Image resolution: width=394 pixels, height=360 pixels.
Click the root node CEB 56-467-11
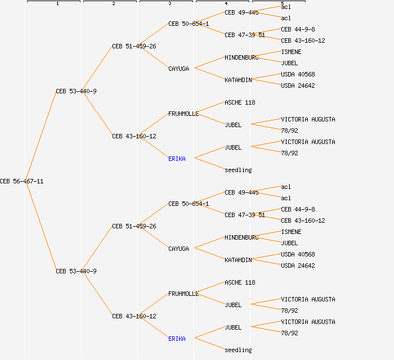21,181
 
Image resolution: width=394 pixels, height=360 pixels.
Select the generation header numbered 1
57,4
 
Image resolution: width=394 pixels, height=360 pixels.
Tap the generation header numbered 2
113,4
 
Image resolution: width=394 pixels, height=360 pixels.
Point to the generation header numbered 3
169,4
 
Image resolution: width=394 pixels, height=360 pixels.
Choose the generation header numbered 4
226,4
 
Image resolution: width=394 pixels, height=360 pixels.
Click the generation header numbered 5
282,4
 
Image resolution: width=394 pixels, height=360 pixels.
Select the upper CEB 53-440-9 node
76,91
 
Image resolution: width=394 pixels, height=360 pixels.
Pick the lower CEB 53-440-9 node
76,271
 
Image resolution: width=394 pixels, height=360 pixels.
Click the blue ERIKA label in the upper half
177,159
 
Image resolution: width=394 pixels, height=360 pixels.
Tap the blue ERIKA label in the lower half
177,339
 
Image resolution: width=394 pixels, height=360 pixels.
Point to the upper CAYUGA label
178,69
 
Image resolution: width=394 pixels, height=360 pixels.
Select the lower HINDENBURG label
241,237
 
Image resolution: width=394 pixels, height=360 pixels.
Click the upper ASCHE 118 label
240,102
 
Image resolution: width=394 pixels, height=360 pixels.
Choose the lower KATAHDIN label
238,260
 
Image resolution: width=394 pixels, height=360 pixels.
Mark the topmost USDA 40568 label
298,74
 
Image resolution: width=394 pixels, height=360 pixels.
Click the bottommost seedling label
238,350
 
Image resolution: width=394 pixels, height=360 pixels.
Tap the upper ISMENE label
291,52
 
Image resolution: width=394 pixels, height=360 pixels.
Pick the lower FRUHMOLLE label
183,294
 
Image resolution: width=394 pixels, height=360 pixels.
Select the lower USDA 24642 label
298,265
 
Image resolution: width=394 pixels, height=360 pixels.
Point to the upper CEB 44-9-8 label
298,29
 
